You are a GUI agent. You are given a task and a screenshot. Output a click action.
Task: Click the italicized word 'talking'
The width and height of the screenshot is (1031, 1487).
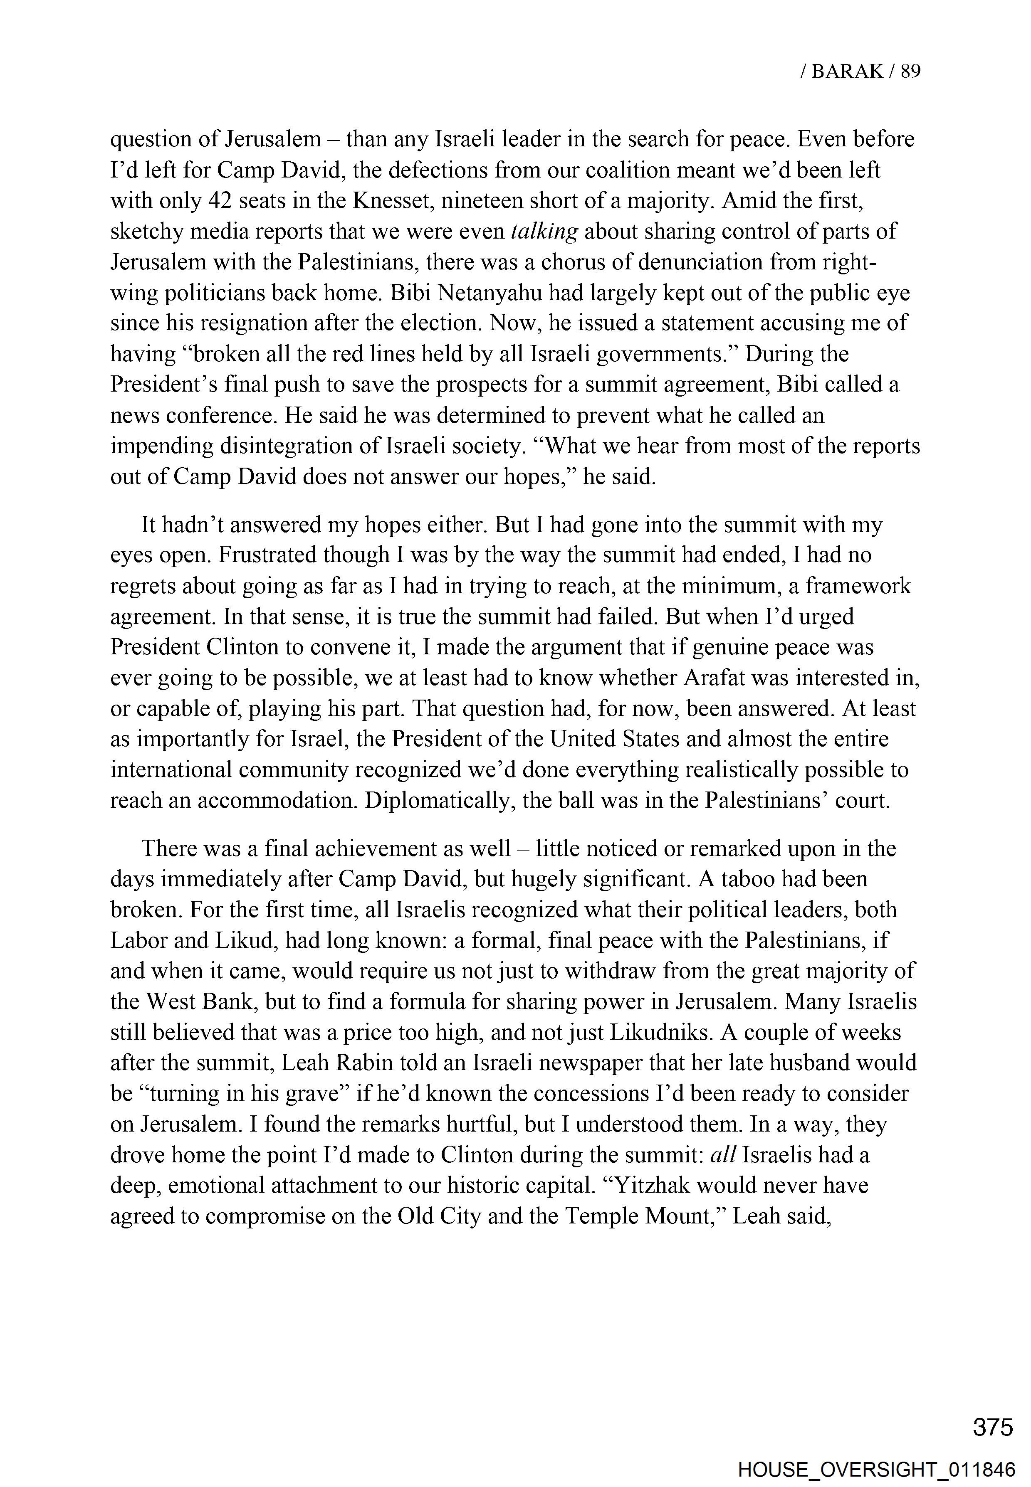click(544, 231)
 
